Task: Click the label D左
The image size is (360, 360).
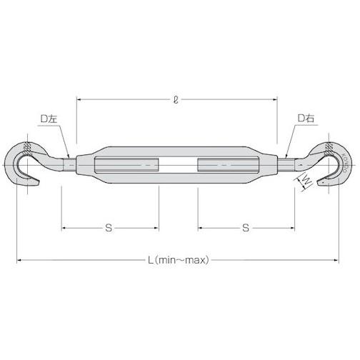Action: click(49, 119)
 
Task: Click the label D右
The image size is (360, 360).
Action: click(306, 119)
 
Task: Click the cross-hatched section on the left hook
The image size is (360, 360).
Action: click(27, 149)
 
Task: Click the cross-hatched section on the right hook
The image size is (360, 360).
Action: click(329, 149)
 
